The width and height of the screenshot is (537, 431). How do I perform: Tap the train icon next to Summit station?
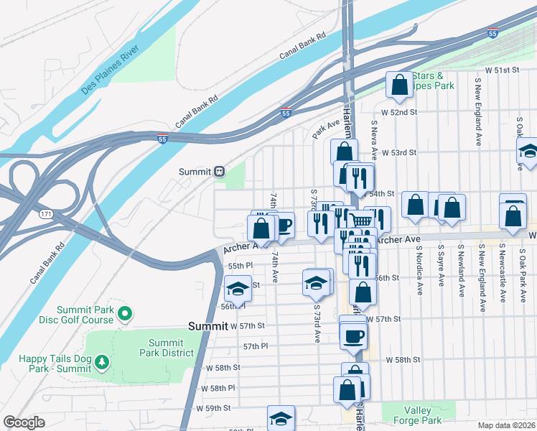click(x=219, y=172)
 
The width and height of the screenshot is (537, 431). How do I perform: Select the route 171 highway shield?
click(x=46, y=214)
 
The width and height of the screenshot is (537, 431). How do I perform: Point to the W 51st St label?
click(x=502, y=70)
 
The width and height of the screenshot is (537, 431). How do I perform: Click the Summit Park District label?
click(x=171, y=348)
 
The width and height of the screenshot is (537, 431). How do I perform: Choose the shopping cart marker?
click(x=360, y=220)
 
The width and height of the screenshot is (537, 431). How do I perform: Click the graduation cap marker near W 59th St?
click(x=281, y=418)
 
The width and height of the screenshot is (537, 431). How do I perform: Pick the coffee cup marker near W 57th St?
click(x=352, y=335)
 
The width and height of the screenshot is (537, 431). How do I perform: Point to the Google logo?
click(x=24, y=422)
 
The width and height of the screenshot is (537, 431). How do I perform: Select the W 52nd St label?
click(x=399, y=113)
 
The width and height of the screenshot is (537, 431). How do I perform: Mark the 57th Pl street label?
click(x=255, y=346)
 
